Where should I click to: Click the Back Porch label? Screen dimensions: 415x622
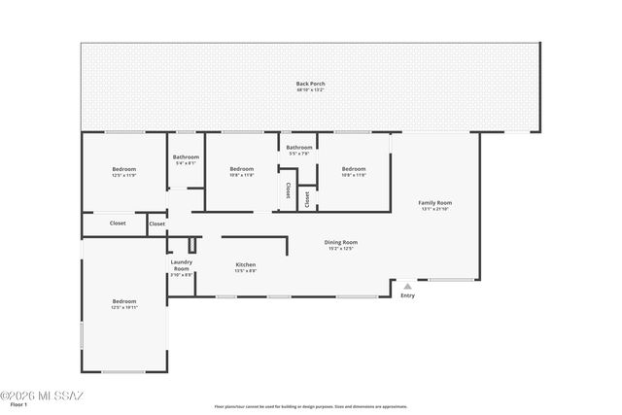pyautogui.click(x=310, y=84)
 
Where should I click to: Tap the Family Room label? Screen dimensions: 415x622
pyautogui.click(x=436, y=202)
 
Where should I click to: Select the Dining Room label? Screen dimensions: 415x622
pyautogui.click(x=342, y=242)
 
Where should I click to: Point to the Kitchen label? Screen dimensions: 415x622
pyautogui.click(x=246, y=264)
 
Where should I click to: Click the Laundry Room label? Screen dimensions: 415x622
pyautogui.click(x=181, y=264)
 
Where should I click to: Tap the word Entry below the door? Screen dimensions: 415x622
pyautogui.click(x=407, y=295)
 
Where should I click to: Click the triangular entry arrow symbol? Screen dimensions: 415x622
pyautogui.click(x=407, y=287)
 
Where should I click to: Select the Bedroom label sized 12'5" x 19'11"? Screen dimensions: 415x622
pyautogui.click(x=123, y=301)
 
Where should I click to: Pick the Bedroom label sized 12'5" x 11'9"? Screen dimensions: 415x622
pyautogui.click(x=123, y=169)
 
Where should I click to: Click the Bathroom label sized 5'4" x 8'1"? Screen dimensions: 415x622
pyautogui.click(x=186, y=156)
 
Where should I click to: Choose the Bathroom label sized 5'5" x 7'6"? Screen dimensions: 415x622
pyautogui.click(x=298, y=147)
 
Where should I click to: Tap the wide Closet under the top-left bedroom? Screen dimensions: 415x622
pyautogui.click(x=117, y=224)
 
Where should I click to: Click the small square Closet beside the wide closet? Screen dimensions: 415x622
pyautogui.click(x=156, y=225)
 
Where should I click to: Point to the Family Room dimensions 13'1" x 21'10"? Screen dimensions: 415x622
pyautogui.click(x=436, y=209)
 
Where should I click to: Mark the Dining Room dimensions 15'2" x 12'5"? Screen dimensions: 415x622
pyautogui.click(x=342, y=249)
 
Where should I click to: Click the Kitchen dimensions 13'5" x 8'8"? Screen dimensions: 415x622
pyautogui.click(x=246, y=271)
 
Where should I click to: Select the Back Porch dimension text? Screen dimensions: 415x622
pyautogui.click(x=310, y=90)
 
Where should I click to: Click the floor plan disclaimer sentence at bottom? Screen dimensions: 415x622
pyautogui.click(x=310, y=406)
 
